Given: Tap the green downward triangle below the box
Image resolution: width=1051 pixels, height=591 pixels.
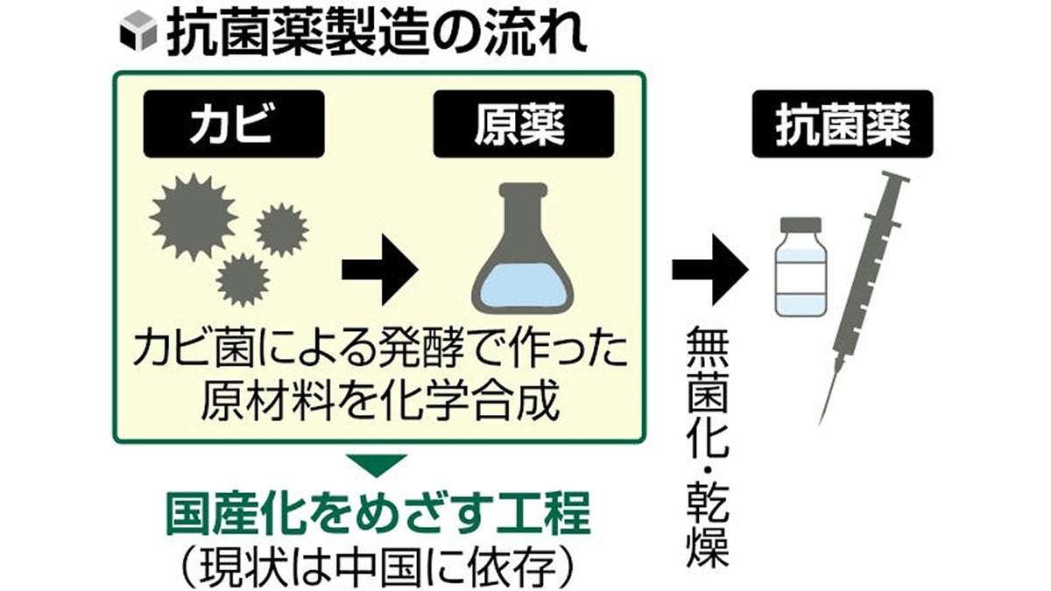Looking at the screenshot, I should [x=377, y=465].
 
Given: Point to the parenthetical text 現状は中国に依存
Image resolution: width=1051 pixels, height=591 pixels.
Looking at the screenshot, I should [x=377, y=565].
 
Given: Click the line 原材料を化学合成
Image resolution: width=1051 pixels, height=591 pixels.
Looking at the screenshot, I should [x=377, y=400].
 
